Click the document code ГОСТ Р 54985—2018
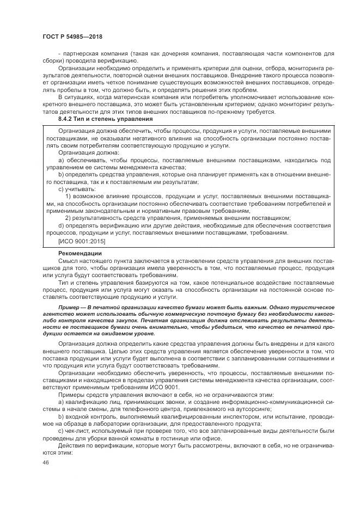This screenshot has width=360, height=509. [x=72, y=36]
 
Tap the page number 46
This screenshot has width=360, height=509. [x=45, y=463]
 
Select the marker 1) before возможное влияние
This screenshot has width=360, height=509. [x=68, y=195]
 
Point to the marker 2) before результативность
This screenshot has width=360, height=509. [x=68, y=217]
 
